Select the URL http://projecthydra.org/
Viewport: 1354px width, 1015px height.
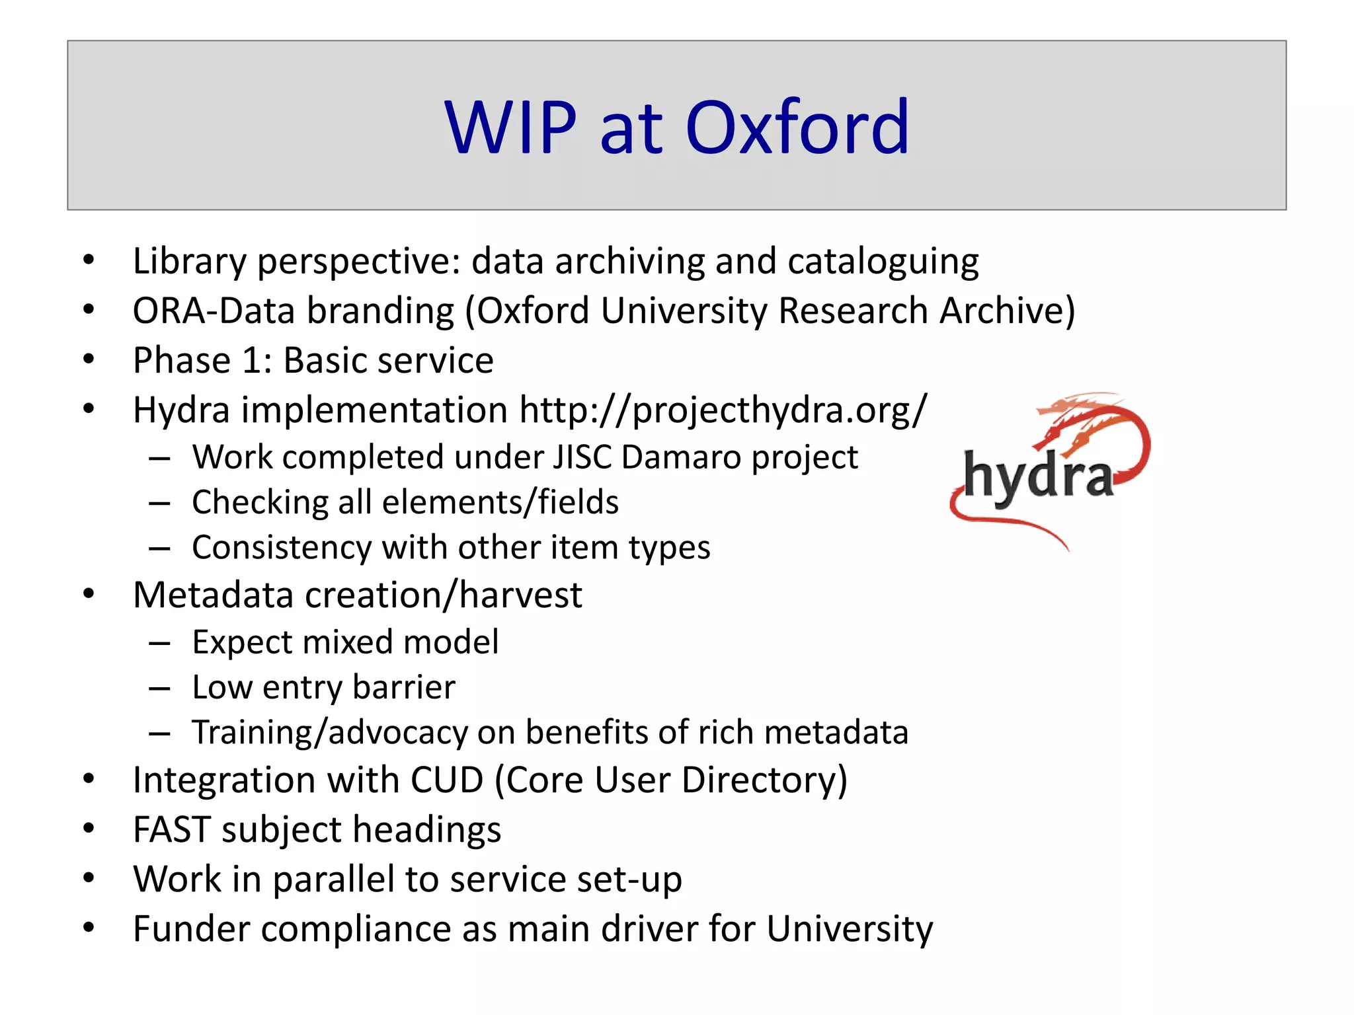723,410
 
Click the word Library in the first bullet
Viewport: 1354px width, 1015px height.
189,261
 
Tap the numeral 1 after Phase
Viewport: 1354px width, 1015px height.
254,361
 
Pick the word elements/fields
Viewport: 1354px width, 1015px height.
500,502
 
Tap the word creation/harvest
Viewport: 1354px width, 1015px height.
443,595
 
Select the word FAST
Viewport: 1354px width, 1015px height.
172,829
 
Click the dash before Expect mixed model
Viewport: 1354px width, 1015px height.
159,643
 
